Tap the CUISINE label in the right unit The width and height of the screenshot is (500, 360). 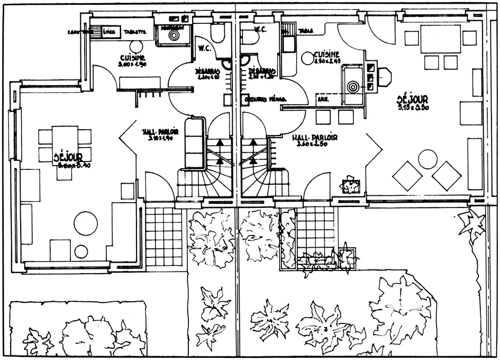[x=323, y=55]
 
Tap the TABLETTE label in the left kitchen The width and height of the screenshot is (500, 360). [x=134, y=31]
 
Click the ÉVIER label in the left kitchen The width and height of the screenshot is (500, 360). [x=110, y=31]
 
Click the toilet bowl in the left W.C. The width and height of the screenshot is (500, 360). [x=217, y=33]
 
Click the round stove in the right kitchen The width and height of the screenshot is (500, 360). [x=353, y=84]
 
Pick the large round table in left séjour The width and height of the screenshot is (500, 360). [x=86, y=223]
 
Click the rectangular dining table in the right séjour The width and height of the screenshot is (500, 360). [x=440, y=41]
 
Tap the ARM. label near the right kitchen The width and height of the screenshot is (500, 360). [x=322, y=98]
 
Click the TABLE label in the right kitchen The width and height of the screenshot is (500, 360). [x=305, y=31]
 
